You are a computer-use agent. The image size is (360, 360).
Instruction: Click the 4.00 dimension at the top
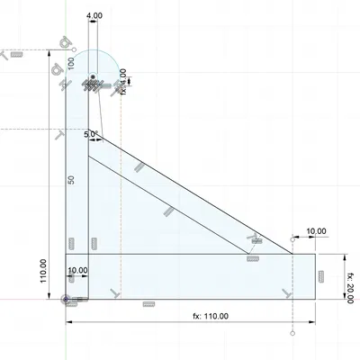point(94,16)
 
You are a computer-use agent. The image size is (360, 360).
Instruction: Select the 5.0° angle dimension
point(90,134)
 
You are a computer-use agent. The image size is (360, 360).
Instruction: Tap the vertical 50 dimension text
point(72,180)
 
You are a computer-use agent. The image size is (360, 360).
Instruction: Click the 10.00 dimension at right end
point(315,231)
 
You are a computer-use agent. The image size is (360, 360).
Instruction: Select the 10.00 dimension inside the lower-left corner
point(77,269)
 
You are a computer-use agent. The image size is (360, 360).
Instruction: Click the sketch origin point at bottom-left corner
point(67,298)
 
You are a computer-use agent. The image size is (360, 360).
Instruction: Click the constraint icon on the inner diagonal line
point(167,211)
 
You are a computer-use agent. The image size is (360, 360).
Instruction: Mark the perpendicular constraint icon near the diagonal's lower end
point(256,240)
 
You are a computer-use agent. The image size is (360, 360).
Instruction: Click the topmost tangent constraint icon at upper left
point(65,42)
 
